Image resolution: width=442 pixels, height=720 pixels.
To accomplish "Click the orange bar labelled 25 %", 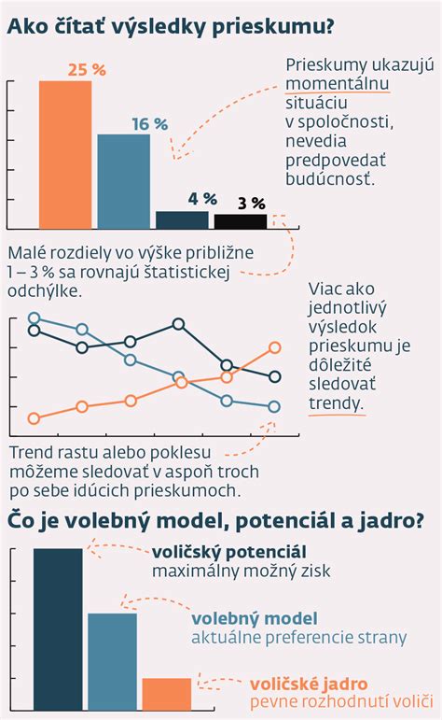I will tap(65, 154).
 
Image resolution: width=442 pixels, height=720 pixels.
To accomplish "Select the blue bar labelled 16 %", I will tap(124, 181).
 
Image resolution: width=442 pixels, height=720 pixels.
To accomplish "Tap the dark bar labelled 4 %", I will tap(182, 219).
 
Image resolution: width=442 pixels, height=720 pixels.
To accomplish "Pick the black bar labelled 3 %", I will tap(241, 221).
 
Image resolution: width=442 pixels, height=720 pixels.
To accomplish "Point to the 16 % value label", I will tap(149, 123).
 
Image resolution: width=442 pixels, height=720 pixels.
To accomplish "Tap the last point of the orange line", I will tap(275, 347).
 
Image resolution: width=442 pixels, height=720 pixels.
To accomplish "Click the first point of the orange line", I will tap(35, 418).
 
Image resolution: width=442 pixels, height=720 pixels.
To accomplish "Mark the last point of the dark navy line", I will tap(275, 377).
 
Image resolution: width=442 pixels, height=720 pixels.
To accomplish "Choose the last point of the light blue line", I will tap(275, 407).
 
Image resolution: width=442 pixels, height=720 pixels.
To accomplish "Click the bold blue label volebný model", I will tap(255, 618).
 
